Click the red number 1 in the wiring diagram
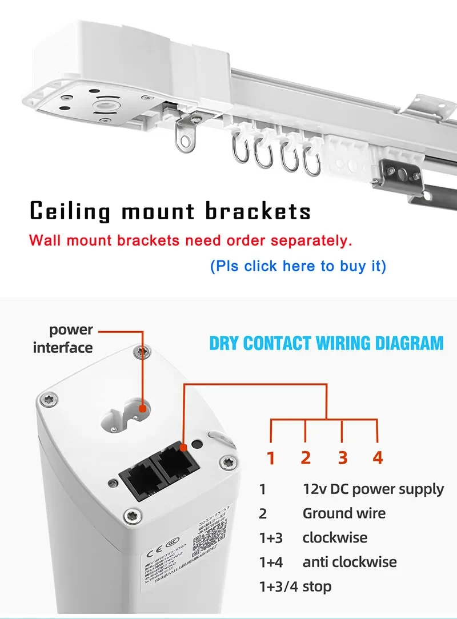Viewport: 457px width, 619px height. point(271,457)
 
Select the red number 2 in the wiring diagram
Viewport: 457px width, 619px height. point(306,457)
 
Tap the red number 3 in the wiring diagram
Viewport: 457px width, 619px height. point(342,457)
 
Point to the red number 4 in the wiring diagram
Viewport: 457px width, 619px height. point(378,457)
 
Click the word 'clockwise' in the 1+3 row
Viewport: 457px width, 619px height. point(335,538)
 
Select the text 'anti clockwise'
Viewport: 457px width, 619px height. point(350,562)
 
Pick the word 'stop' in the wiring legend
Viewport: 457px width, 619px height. point(317,586)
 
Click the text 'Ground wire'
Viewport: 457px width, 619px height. point(344,513)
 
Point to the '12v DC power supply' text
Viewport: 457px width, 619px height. point(373,489)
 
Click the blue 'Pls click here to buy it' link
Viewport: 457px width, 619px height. point(298,266)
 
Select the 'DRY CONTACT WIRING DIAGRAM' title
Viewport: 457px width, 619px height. point(326,343)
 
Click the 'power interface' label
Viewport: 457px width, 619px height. point(63,339)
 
